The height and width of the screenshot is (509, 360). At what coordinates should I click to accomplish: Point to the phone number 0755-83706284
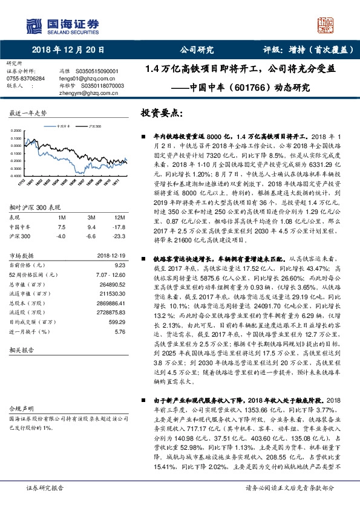tap(25, 79)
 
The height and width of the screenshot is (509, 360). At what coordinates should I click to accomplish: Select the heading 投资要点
tap(161, 113)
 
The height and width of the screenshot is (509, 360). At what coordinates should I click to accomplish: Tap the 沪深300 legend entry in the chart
tap(94, 127)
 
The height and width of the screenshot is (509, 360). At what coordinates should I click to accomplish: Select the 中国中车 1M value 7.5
tap(61, 227)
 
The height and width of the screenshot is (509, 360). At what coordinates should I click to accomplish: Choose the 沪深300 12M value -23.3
tap(119, 236)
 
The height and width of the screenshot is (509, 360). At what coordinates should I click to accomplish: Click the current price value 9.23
tap(119, 264)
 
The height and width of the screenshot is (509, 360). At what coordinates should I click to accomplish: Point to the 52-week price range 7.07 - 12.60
tap(111, 274)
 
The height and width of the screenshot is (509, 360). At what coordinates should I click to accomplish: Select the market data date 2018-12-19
tap(110, 256)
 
